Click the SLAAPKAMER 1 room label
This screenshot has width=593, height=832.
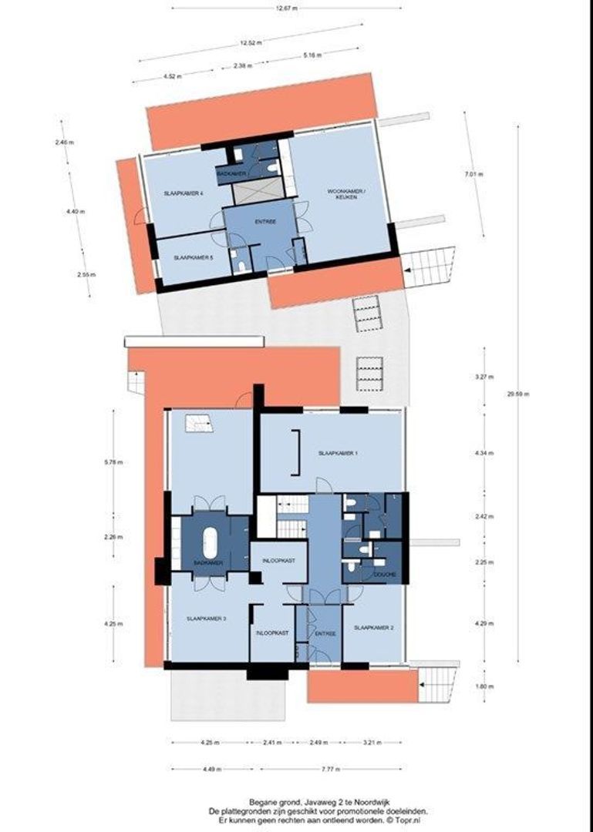coord(338,454)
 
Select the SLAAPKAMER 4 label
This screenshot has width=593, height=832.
coord(184,194)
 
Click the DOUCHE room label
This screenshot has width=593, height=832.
coord(385,575)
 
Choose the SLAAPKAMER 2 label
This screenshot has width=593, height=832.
coord(373,628)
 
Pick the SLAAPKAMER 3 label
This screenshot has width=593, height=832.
coord(206,619)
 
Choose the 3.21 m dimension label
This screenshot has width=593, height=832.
coord(372,743)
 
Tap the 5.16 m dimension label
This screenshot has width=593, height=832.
coord(313,55)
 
